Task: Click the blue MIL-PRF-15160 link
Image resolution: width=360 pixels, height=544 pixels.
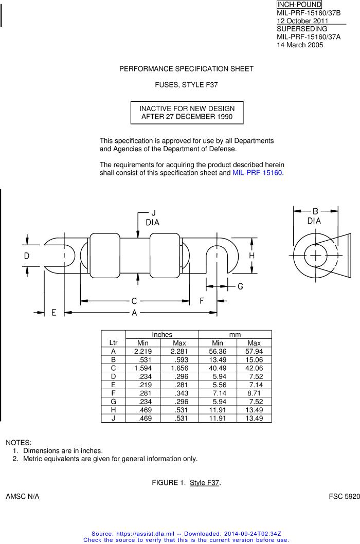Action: (257, 173)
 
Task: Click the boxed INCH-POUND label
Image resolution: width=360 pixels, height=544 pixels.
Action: (299, 5)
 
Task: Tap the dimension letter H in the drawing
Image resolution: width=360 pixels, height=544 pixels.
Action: (251, 256)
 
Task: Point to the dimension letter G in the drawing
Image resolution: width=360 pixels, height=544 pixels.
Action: (240, 286)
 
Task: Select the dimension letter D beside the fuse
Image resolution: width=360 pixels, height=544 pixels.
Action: (27, 256)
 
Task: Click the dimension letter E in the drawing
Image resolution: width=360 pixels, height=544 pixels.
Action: (54, 313)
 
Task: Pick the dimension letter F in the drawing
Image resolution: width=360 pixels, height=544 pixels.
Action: (202, 300)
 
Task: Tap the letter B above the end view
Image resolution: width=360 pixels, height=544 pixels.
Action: (315, 211)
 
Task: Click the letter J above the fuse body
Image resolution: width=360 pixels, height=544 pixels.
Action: (153, 213)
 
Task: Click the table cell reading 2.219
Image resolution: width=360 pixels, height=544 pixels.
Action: (142, 352)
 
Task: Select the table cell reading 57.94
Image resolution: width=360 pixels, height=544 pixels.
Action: (254, 352)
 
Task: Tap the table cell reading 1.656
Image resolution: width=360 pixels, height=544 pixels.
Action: (179, 368)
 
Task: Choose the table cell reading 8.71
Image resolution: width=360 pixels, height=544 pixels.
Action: (254, 393)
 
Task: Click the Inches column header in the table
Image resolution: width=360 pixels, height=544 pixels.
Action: (162, 334)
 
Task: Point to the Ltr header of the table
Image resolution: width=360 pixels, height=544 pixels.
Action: (113, 343)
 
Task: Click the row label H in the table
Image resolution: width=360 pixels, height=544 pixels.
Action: (113, 410)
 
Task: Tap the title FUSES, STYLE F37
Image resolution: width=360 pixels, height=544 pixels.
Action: (186, 85)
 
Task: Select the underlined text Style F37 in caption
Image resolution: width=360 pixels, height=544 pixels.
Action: (205, 483)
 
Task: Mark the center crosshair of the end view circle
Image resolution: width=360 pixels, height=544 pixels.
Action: (316, 256)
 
